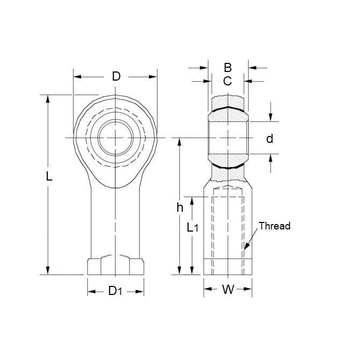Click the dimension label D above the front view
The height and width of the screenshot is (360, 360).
(x=116, y=76)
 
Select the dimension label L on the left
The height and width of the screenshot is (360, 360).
(x=49, y=176)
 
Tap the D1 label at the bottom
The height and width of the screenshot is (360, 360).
(x=116, y=291)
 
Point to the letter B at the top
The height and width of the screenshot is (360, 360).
(x=227, y=68)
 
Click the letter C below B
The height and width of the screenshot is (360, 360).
(x=227, y=81)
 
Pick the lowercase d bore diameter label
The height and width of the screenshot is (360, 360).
(x=270, y=139)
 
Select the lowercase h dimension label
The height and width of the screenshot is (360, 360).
(x=180, y=207)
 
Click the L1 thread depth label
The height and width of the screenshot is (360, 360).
(x=192, y=227)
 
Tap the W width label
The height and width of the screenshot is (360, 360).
(x=228, y=291)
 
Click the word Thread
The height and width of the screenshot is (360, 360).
(x=274, y=226)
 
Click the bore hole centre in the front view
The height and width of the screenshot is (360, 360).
(x=116, y=138)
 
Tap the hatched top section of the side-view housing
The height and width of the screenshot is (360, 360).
(x=227, y=102)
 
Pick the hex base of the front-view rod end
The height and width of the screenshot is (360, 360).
(x=116, y=267)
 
